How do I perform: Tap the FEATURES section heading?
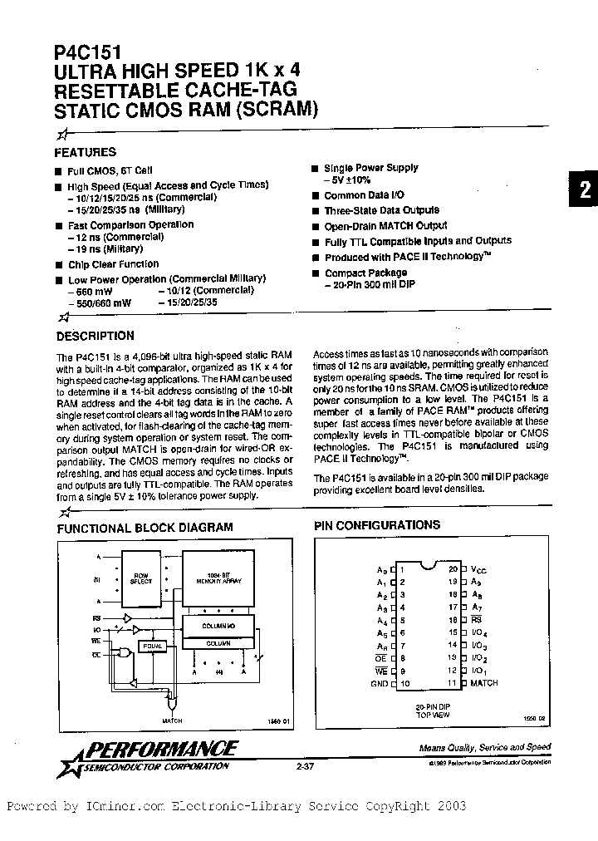(x=85, y=152)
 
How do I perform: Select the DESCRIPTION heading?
(x=95, y=336)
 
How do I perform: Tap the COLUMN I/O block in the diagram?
(x=218, y=624)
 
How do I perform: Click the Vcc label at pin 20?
(x=479, y=570)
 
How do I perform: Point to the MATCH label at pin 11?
(x=483, y=683)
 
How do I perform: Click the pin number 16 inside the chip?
(x=453, y=620)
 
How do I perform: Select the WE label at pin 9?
(x=382, y=671)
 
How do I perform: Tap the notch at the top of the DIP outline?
(x=428, y=567)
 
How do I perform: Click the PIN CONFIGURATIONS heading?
(x=377, y=525)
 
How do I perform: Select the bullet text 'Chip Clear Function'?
(x=113, y=264)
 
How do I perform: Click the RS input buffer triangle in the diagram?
(x=126, y=619)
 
